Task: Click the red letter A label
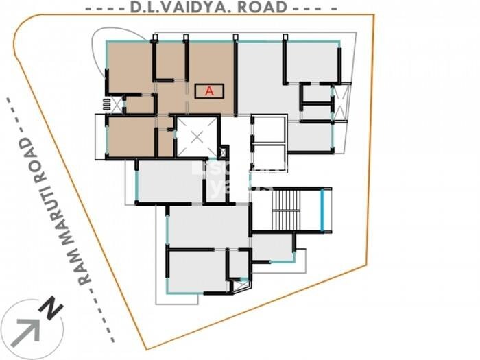[210, 91]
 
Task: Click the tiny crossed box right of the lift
[222, 152]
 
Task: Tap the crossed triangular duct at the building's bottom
[240, 285]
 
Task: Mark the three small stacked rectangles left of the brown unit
[106, 104]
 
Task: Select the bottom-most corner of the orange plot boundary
[145, 348]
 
